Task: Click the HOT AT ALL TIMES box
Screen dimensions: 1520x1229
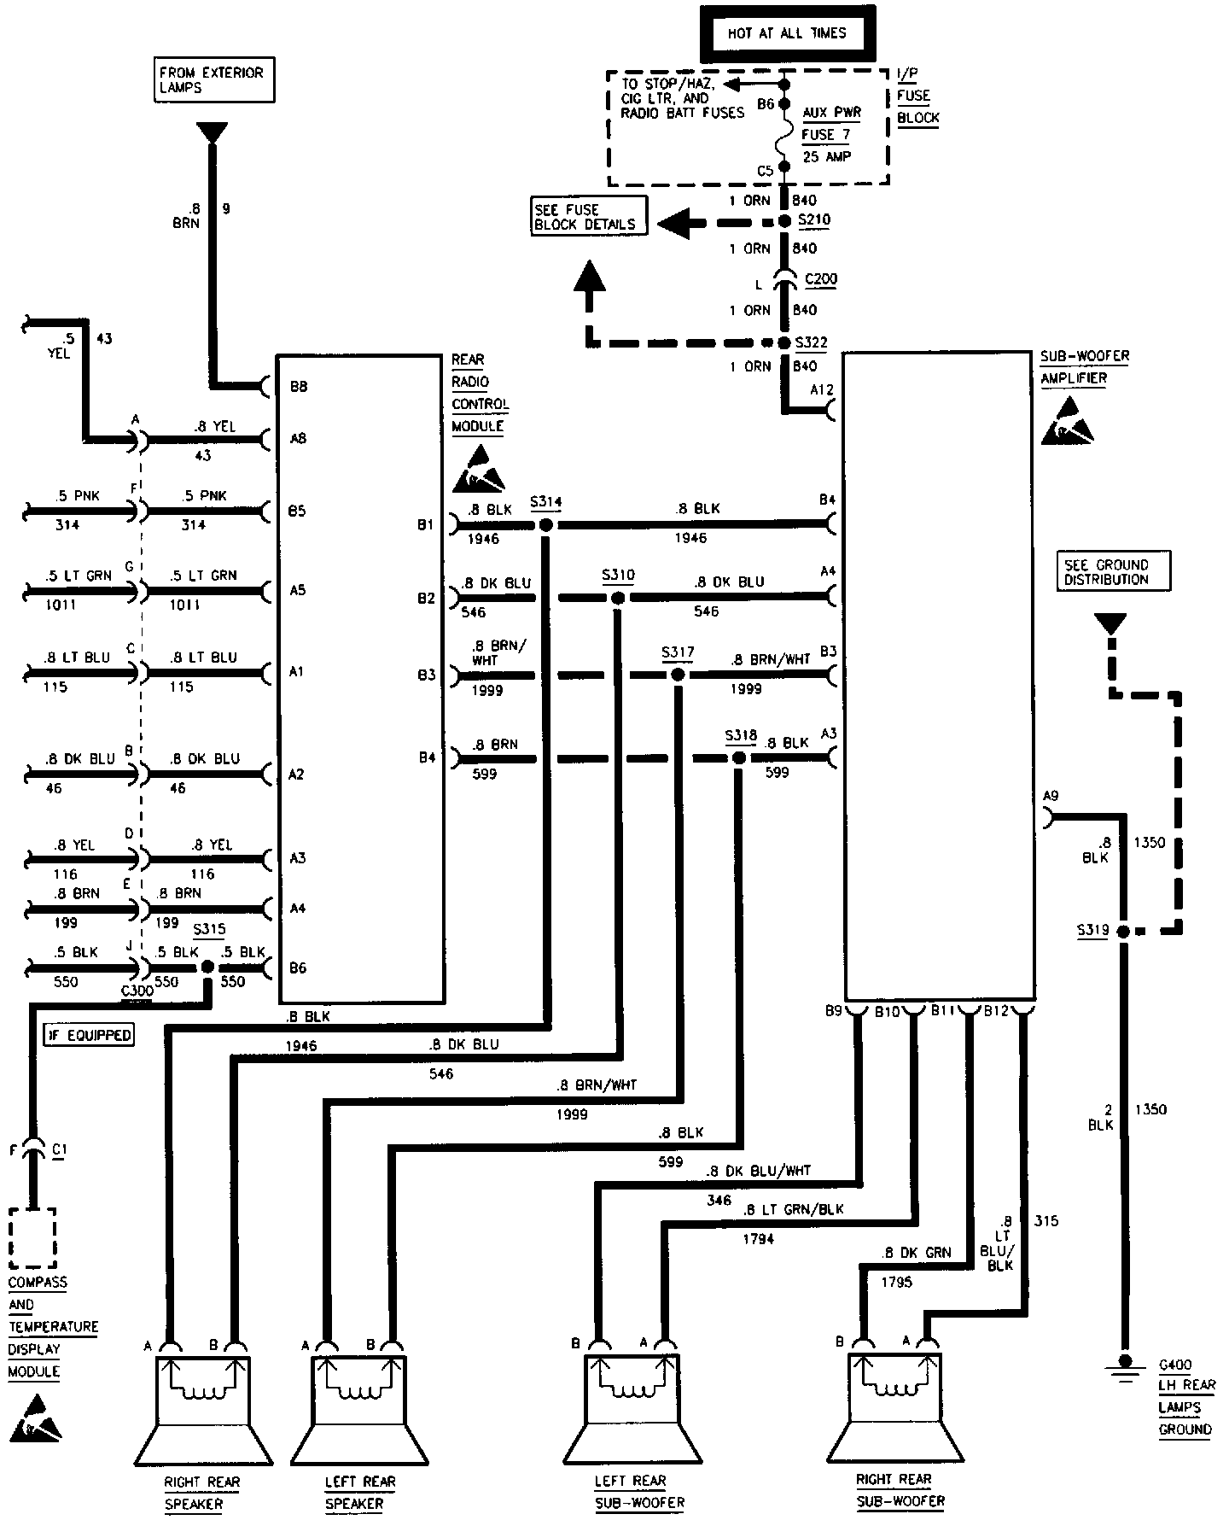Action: click(x=786, y=34)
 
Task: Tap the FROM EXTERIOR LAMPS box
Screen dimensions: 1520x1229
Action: click(x=213, y=80)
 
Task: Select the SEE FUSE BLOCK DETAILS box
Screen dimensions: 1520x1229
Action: click(x=588, y=217)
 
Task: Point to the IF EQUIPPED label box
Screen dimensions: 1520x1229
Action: click(x=90, y=1035)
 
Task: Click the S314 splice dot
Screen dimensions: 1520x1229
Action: click(x=546, y=524)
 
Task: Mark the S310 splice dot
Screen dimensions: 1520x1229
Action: click(x=618, y=598)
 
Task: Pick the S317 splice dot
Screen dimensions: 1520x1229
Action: click(x=678, y=675)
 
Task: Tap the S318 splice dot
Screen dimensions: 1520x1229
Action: click(x=739, y=758)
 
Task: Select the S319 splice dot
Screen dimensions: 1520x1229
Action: click(x=1124, y=931)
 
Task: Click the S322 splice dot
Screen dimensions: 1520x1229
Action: click(x=785, y=343)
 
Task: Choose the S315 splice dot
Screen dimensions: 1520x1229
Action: click(x=207, y=968)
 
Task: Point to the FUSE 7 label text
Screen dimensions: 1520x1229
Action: click(x=826, y=134)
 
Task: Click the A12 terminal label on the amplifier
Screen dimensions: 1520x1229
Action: click(x=823, y=390)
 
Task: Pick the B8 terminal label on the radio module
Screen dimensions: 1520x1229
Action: click(x=299, y=387)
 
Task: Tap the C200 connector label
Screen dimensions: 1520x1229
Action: click(x=821, y=279)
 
